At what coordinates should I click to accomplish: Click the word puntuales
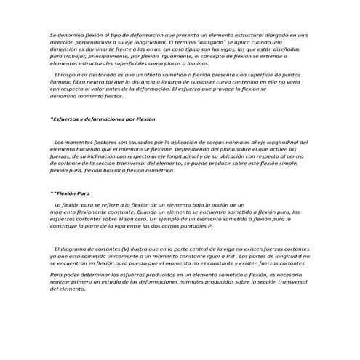point(192,225)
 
